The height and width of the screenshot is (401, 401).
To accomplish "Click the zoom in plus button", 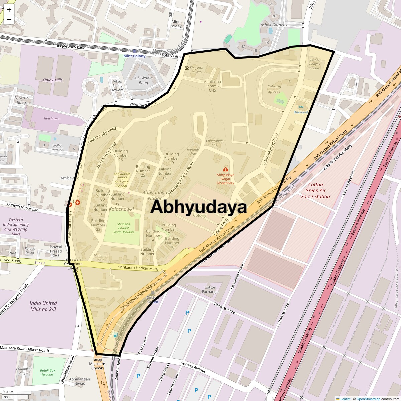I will [x=9, y=10].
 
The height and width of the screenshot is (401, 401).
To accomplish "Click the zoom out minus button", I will [x=9, y=20].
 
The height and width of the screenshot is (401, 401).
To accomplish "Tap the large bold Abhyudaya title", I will [x=198, y=207].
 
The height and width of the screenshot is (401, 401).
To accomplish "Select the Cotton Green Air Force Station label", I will [x=315, y=191].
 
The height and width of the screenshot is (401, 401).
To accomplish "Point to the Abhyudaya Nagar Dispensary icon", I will [x=225, y=170].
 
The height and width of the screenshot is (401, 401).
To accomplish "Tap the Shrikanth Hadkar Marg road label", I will [x=138, y=268].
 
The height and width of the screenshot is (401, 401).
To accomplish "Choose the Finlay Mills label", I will [x=53, y=80].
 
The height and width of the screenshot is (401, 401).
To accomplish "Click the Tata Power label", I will [x=52, y=119].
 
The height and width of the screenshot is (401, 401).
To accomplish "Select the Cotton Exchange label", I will [x=210, y=289].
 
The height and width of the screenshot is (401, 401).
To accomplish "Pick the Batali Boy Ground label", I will [x=47, y=372].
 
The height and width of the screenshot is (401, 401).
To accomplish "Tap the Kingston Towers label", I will [x=196, y=70].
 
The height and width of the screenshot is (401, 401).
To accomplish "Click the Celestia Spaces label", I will [x=274, y=89].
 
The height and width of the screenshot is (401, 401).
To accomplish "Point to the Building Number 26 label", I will [x=121, y=155].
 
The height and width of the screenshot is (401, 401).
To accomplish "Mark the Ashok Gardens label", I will [x=274, y=25].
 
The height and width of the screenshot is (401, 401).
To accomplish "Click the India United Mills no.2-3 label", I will [x=43, y=306].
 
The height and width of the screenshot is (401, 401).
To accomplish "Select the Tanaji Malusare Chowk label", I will [x=97, y=364].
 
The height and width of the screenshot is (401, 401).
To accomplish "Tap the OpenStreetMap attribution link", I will [x=368, y=399].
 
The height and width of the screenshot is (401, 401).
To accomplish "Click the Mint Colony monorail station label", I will [x=135, y=56].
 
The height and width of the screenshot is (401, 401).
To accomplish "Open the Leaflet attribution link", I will [x=345, y=399].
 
